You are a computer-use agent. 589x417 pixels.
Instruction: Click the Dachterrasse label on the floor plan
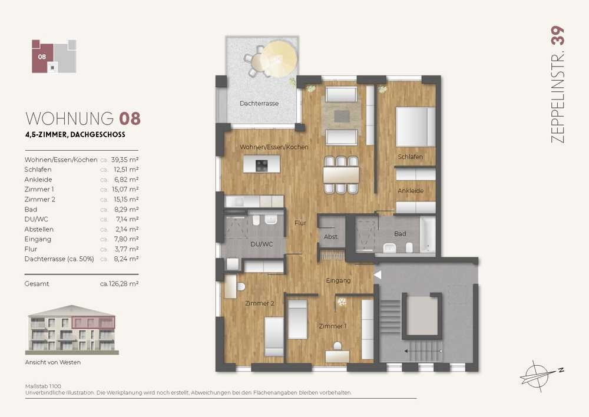point(259,103)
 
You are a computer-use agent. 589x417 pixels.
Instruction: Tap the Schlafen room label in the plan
point(410,157)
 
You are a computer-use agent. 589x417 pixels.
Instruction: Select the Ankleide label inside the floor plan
point(411,191)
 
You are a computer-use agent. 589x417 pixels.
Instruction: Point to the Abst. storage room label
point(331,237)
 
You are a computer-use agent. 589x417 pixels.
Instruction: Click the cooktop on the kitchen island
point(262,166)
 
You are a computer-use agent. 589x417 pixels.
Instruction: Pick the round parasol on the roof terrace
point(279,59)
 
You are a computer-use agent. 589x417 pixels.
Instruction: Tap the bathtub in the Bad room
point(428,235)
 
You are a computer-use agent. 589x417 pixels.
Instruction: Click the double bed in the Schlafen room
point(415,127)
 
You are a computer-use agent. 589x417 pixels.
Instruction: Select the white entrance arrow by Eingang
point(378,275)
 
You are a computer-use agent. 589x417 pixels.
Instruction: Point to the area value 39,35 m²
point(125,160)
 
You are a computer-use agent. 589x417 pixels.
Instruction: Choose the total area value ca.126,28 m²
point(119,284)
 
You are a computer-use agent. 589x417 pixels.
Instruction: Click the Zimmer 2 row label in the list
point(40,200)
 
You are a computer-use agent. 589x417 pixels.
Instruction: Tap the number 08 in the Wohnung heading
point(130,118)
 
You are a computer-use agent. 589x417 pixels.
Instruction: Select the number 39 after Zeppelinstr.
point(557,36)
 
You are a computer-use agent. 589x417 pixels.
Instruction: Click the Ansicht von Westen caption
point(53,363)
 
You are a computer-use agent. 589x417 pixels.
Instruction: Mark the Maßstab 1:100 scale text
point(43,386)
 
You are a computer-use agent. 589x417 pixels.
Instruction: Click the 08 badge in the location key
point(42,57)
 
